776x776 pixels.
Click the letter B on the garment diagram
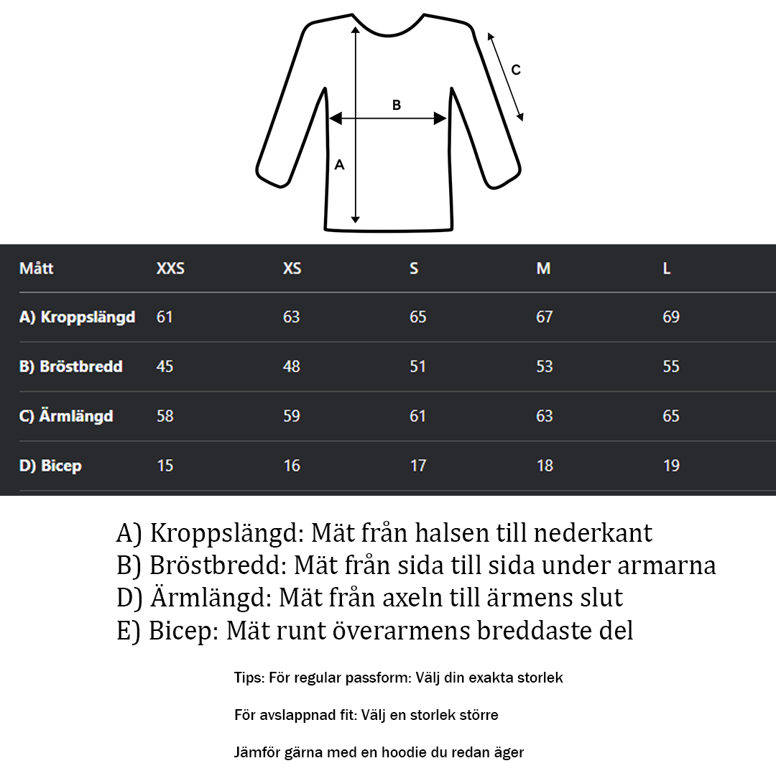397,105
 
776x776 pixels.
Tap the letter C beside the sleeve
515,70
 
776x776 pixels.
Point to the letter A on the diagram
340,165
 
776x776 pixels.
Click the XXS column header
170,269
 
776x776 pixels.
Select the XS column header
292,269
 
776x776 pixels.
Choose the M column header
543,269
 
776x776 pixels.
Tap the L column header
667,269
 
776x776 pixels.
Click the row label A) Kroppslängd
77,317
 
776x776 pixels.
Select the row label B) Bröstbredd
70,366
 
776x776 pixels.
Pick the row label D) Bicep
50,466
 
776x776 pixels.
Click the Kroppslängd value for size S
417,317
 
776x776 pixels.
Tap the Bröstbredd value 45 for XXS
165,366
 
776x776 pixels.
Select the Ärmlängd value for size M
545,416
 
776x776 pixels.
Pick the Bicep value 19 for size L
671,466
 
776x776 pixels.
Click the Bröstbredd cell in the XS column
291,366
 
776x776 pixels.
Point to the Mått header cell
36,269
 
